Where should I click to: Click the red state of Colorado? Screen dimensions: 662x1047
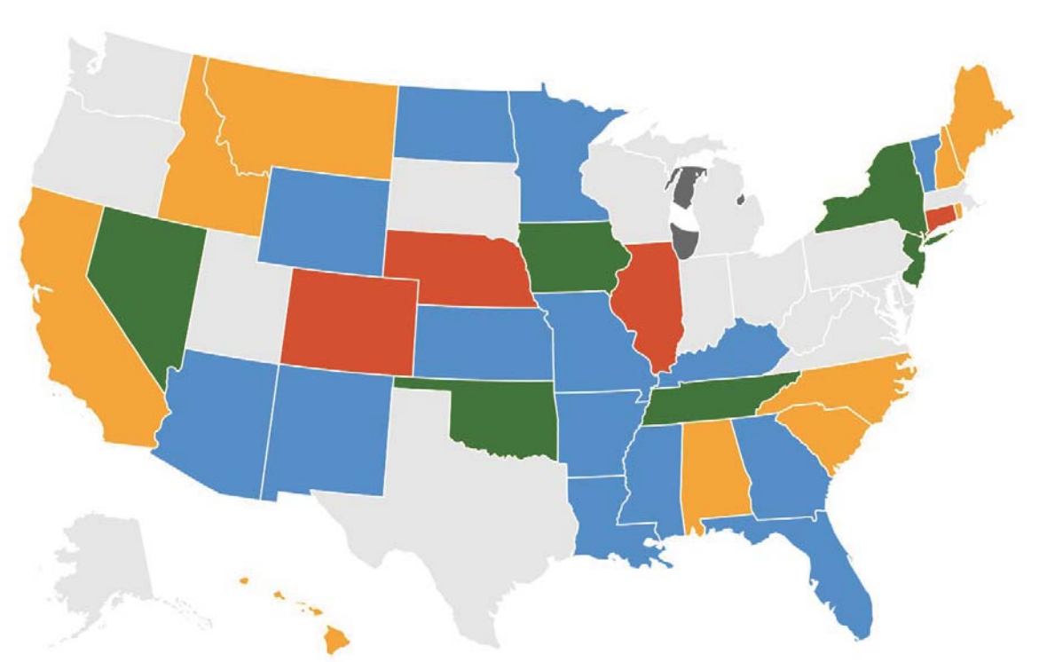(348, 319)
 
